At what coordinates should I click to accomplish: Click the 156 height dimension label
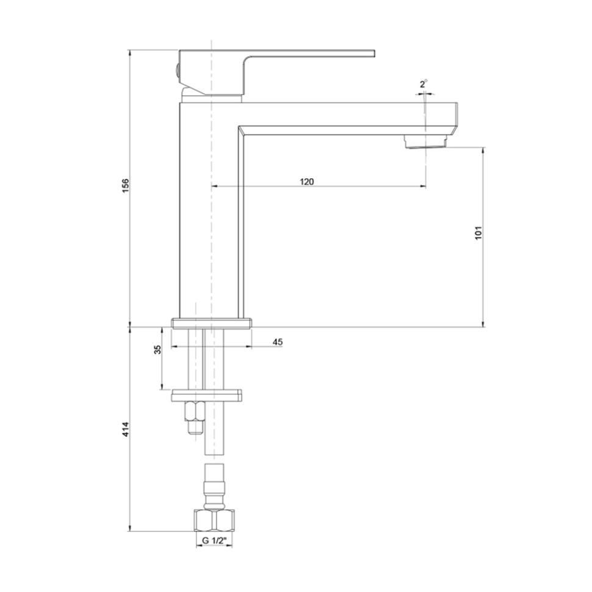(x=126, y=186)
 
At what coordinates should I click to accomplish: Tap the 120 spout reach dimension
(x=307, y=182)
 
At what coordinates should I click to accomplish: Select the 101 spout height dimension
(x=478, y=233)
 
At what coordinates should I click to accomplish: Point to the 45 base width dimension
(x=278, y=342)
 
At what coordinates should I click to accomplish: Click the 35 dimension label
(x=157, y=350)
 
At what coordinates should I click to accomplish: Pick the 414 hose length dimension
(x=126, y=429)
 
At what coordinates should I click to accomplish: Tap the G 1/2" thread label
(x=214, y=540)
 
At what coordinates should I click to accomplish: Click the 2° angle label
(x=423, y=84)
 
